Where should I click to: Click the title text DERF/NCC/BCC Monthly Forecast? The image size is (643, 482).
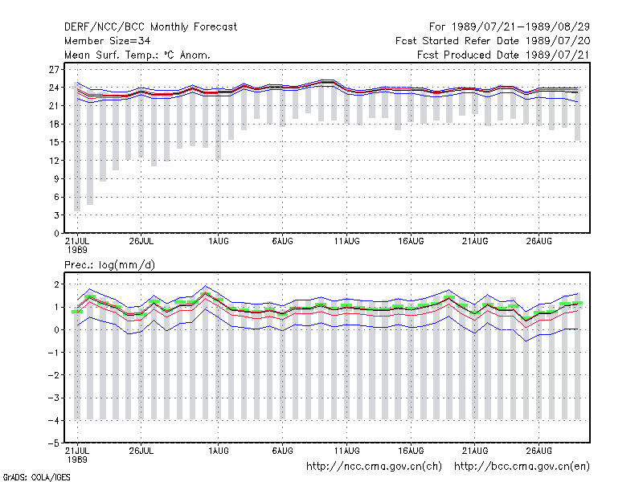pos(150,27)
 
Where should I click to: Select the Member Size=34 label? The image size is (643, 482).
pos(108,41)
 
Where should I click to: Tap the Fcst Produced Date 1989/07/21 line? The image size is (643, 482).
pos(503,55)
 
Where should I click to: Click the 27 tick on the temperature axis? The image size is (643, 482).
pos(54,70)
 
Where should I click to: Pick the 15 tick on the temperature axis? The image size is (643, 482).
pos(54,142)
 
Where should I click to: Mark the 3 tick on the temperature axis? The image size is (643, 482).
pos(56,215)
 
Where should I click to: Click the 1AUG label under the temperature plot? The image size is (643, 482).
pos(219,242)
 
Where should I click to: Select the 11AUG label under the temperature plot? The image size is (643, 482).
pos(347,242)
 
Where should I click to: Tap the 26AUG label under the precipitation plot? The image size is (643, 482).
pos(539,451)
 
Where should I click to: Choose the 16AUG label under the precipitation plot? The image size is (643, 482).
pos(411,451)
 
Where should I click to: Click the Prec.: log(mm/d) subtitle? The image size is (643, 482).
pos(109,265)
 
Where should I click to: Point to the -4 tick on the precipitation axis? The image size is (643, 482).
pos(54,420)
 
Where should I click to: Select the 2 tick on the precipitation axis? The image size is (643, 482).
pos(56,284)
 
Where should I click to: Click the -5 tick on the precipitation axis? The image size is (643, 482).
pos(54,443)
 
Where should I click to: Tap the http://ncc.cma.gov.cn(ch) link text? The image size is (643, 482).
pos(375,467)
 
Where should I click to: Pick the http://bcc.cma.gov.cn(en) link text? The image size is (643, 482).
pos(522,467)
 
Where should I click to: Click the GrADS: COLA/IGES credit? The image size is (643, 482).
pos(36,477)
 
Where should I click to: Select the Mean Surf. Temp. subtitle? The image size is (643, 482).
pos(137,55)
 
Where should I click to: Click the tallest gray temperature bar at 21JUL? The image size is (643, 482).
pos(77,147)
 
